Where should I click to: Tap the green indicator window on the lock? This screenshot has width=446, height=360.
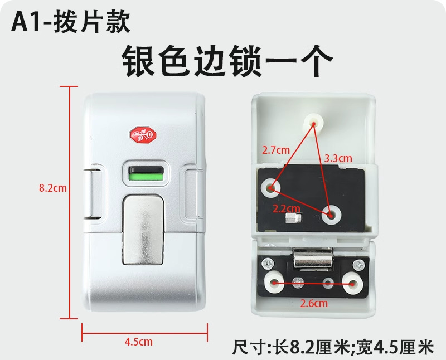tap(144, 178)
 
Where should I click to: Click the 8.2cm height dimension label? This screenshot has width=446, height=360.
tap(53, 188)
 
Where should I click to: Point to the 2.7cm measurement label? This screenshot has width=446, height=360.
tap(276, 150)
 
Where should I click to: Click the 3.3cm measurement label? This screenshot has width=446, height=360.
tap(338, 158)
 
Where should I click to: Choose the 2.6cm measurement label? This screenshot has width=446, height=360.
tap(314, 304)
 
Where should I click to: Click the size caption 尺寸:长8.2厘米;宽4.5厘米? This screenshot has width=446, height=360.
tap(332, 347)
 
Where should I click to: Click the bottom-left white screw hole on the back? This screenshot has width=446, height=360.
tap(274, 284)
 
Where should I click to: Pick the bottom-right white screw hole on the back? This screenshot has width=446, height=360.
tap(353, 284)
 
